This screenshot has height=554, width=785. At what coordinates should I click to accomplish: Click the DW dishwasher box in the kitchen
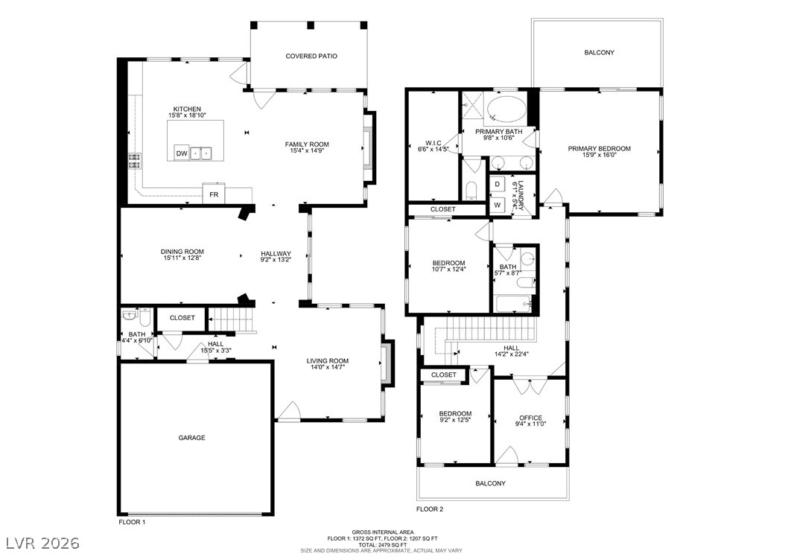tap(182, 153)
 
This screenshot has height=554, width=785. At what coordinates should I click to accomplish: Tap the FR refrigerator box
tap(213, 194)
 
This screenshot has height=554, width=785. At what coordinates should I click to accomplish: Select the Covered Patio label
tap(311, 56)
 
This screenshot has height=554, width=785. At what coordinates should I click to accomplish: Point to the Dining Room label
tap(182, 252)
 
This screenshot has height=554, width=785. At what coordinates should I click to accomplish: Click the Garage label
tap(191, 438)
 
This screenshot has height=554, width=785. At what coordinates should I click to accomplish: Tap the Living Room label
tap(328, 361)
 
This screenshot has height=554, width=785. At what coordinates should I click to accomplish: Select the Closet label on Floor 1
tap(182, 318)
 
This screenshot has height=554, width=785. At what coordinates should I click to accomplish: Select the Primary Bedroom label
tap(599, 149)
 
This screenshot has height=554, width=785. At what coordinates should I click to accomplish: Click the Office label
tap(530, 418)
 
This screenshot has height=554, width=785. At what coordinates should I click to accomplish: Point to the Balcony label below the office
tap(490, 483)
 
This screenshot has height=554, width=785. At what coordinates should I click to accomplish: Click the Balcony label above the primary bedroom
tap(599, 53)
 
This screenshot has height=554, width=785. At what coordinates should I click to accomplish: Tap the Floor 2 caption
tap(430, 509)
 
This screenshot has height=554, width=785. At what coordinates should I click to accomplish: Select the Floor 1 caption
tap(132, 522)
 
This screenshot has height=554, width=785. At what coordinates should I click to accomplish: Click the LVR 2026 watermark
tap(42, 541)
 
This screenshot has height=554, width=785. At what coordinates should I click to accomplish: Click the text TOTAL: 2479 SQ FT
tap(381, 544)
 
